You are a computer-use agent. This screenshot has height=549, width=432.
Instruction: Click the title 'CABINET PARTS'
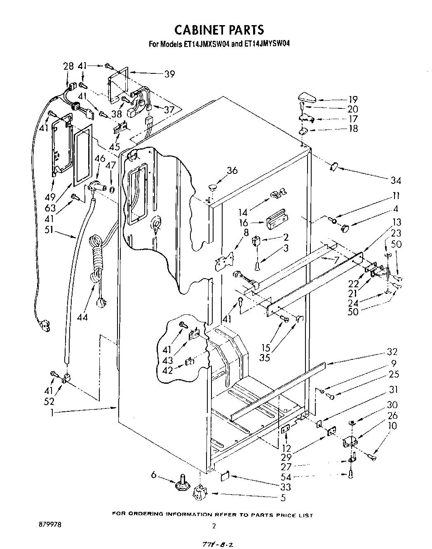coord(218,30)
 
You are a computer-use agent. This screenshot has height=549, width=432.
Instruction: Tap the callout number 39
coord(169,74)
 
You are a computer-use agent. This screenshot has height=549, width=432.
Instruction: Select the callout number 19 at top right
coord(353,99)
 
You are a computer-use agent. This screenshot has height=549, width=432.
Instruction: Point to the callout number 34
coord(396,180)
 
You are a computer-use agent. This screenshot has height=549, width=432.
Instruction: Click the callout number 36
coord(232,170)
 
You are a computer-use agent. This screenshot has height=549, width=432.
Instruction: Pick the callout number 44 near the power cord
coord(82,317)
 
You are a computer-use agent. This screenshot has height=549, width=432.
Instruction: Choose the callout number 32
coord(392,352)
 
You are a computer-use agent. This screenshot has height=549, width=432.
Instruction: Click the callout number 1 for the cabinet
coord(52,413)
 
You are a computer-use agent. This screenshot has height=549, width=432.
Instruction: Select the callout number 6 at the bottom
coord(154,475)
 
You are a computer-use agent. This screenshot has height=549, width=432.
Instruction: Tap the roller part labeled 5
coord(199,493)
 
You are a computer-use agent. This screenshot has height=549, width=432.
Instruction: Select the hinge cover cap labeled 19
coord(306,99)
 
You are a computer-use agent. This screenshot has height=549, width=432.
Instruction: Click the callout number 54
coord(286,477)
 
